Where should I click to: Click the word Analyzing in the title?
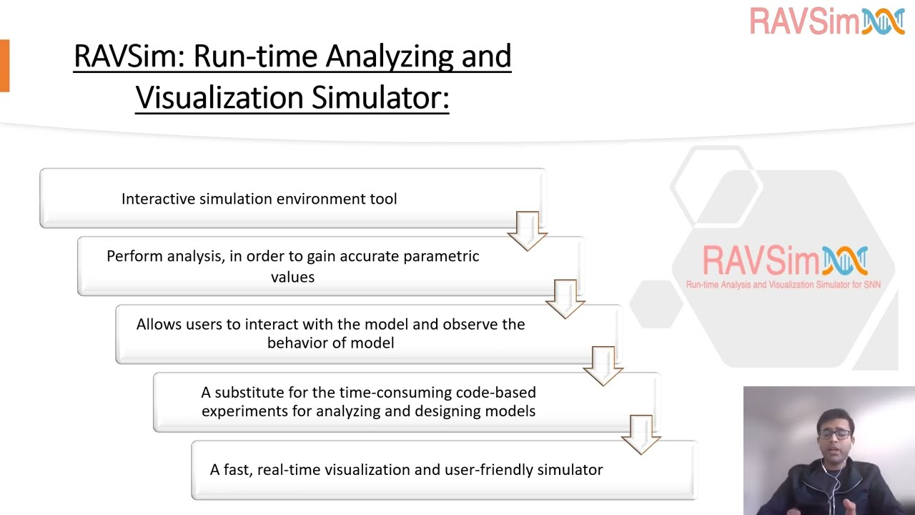[380, 57]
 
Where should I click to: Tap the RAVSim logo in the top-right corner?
[827, 21]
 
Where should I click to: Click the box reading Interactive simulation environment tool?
[292, 199]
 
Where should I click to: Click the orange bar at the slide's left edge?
[4, 66]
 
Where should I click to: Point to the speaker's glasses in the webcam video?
[835, 434]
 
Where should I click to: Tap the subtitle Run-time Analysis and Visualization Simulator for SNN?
[783, 285]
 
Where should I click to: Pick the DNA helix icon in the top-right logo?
[884, 21]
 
